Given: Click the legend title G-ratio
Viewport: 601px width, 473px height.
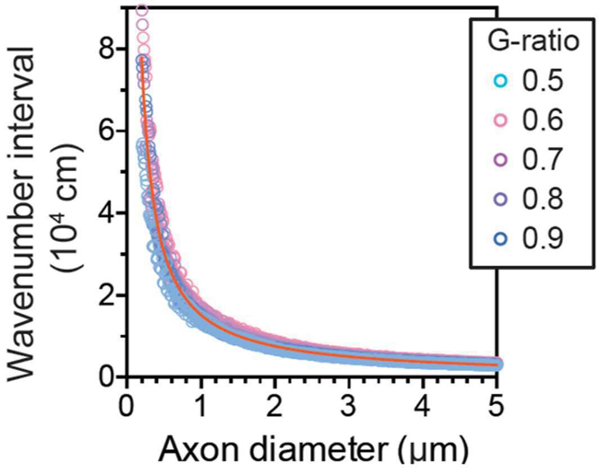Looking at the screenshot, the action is tap(533, 42).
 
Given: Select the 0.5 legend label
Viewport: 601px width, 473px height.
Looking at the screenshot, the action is tap(543, 80).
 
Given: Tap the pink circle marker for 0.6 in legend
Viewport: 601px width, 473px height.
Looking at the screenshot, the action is tap(500, 120).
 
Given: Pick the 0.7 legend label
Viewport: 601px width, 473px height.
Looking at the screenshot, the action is tap(543, 159).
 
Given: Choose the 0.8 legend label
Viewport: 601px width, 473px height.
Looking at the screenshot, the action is tap(543, 199).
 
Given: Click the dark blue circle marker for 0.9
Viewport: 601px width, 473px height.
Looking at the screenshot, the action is tap(500, 239).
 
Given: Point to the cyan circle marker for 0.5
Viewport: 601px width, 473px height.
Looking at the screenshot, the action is tap(500, 81).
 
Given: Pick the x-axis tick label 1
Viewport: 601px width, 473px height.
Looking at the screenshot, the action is tap(200, 407).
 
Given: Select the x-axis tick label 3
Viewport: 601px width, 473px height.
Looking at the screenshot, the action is tap(349, 407).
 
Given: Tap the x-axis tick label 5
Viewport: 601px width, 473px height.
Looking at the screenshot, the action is tap(497, 407).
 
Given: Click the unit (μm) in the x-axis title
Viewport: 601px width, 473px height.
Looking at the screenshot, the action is tap(432, 452).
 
